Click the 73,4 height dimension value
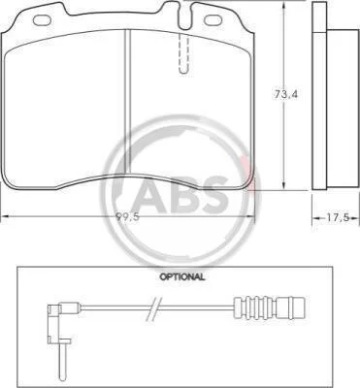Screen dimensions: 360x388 click(x=286, y=94)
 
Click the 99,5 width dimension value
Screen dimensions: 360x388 click(x=127, y=217)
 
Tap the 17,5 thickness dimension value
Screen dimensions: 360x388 click(x=337, y=218)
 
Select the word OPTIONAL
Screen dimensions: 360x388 click(x=181, y=277)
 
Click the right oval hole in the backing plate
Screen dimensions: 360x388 click(x=212, y=19)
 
